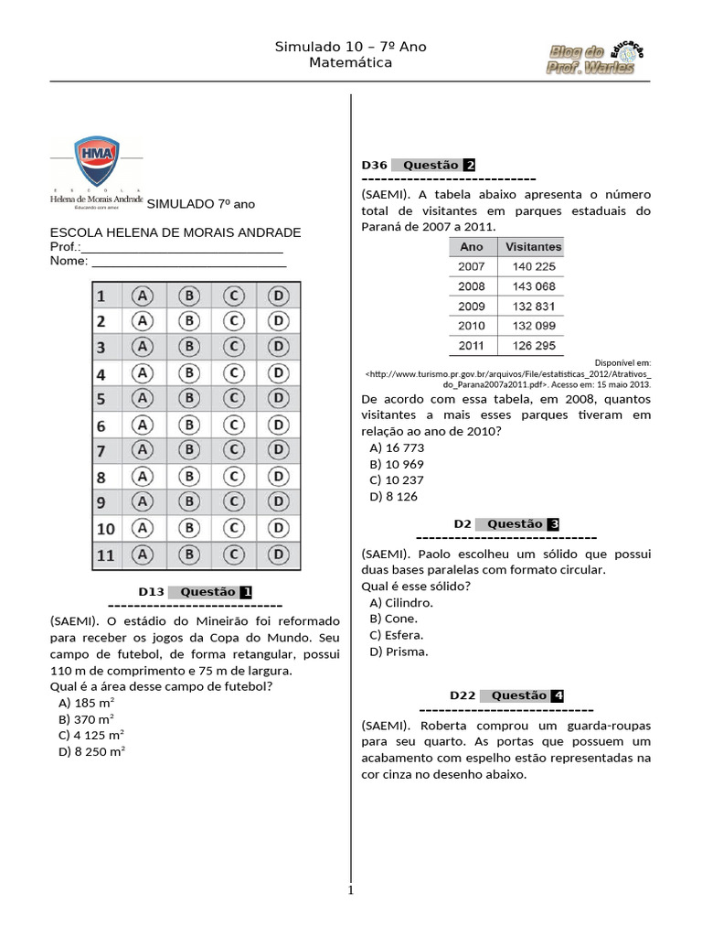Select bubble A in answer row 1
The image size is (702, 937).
click(142, 296)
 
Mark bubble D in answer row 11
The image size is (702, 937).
click(279, 555)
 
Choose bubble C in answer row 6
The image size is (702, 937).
click(234, 425)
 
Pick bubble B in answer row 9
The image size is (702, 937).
click(188, 502)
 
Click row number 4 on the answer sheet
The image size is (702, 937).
click(102, 374)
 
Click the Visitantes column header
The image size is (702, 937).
click(533, 247)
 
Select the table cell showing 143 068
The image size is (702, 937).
click(533, 286)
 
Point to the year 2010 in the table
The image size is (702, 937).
click(472, 326)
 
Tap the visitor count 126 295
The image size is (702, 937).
click(533, 346)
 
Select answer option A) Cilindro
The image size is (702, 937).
click(401, 603)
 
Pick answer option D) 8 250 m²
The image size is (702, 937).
click(91, 751)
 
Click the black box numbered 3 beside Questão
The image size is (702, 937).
click(554, 524)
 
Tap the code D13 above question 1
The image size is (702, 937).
click(151, 592)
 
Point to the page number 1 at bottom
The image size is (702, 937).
click(350, 890)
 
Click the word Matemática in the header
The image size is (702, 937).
click(350, 63)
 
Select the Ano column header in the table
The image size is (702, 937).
click(472, 247)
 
